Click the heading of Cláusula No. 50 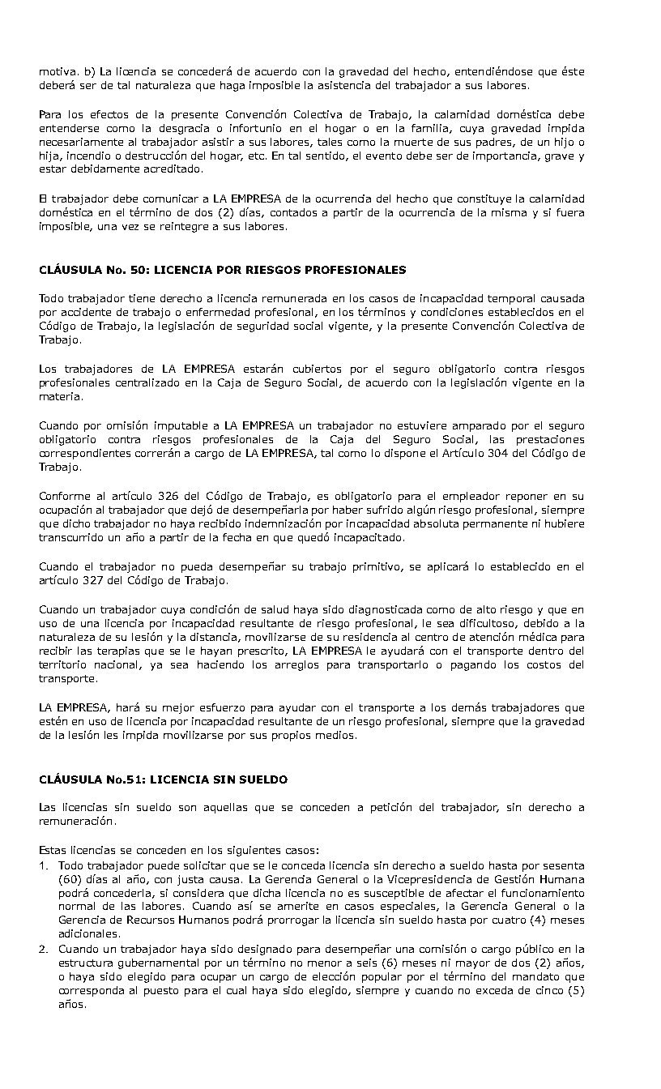(223, 269)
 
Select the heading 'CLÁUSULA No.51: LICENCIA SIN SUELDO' (163, 779)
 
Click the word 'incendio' (81, 156)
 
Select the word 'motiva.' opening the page (58, 72)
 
